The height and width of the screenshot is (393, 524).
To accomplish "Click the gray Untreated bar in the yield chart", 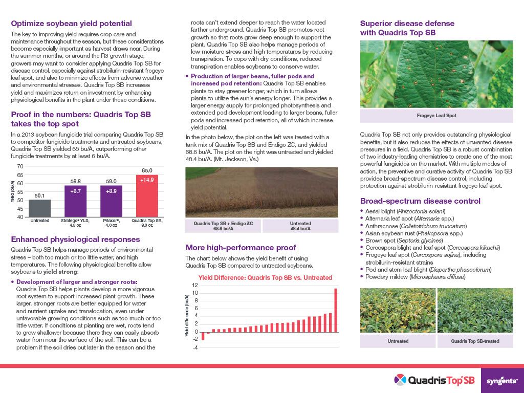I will click(x=39, y=208).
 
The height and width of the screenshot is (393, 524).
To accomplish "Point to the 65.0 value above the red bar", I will click(x=146, y=170).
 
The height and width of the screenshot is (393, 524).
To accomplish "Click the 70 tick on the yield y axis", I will click(x=20, y=167).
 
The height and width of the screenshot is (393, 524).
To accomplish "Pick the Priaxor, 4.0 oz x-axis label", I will click(x=111, y=223).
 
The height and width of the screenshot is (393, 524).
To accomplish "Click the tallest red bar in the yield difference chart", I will click(x=336, y=310).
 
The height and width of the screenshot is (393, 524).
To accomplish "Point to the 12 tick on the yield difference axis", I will click(x=194, y=285).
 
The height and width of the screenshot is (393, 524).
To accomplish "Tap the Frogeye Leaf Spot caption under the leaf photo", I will click(x=436, y=116).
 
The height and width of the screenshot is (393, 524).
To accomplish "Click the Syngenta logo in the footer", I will click(x=502, y=380).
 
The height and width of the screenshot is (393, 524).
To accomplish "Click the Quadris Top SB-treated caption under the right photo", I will click(x=475, y=341).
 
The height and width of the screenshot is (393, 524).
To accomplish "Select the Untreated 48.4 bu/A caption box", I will click(x=300, y=226).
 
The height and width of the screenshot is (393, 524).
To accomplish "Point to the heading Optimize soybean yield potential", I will click(x=72, y=24).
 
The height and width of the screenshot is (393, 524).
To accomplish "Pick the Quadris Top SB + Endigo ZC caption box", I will click(x=223, y=226).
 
